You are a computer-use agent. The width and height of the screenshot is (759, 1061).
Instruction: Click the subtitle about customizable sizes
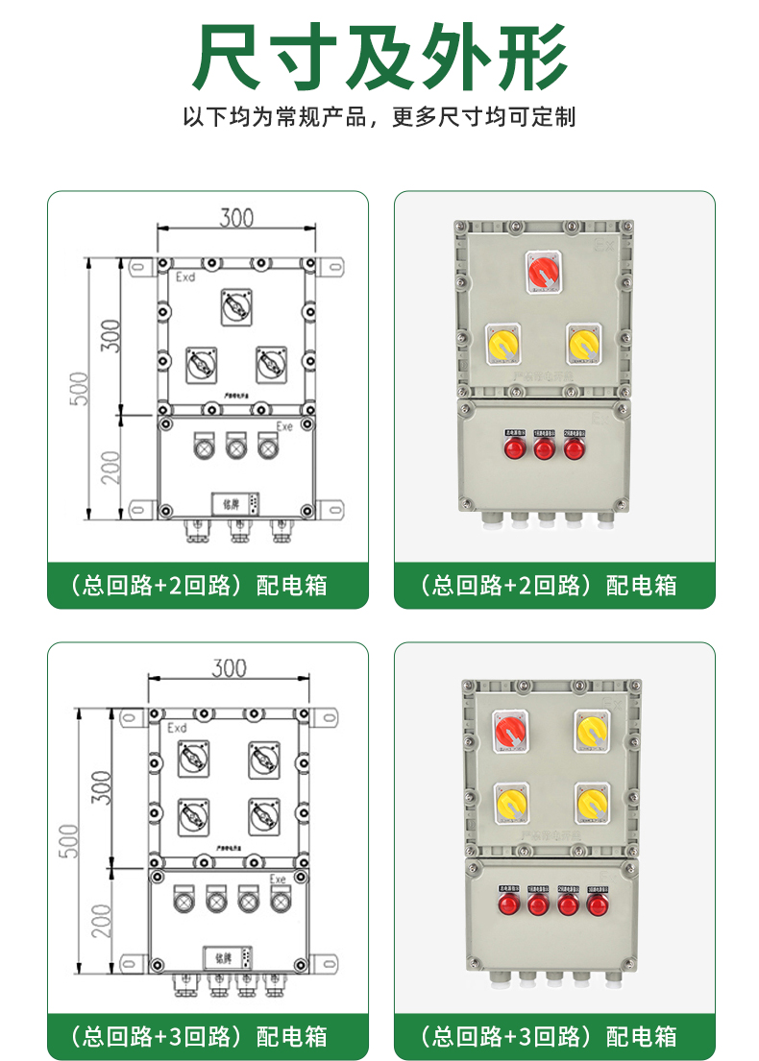[379, 118]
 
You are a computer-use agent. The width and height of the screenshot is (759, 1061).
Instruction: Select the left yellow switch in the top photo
[504, 345]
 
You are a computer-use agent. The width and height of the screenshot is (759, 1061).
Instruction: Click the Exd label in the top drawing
[185, 277]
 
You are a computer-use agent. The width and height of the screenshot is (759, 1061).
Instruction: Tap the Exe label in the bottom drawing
[278, 879]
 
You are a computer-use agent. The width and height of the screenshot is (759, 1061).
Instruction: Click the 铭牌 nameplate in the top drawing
[231, 503]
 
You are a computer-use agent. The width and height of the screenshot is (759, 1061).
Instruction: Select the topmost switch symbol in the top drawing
[236, 306]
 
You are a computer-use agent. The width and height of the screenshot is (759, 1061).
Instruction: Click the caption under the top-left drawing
[208, 585]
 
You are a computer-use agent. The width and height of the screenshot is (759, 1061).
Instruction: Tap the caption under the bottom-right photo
[554, 1036]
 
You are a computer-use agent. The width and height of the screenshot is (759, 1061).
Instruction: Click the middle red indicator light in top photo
[544, 448]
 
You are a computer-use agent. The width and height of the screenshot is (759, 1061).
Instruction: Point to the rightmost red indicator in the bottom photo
[597, 904]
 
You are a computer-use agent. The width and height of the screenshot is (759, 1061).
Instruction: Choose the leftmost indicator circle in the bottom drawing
[183, 901]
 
